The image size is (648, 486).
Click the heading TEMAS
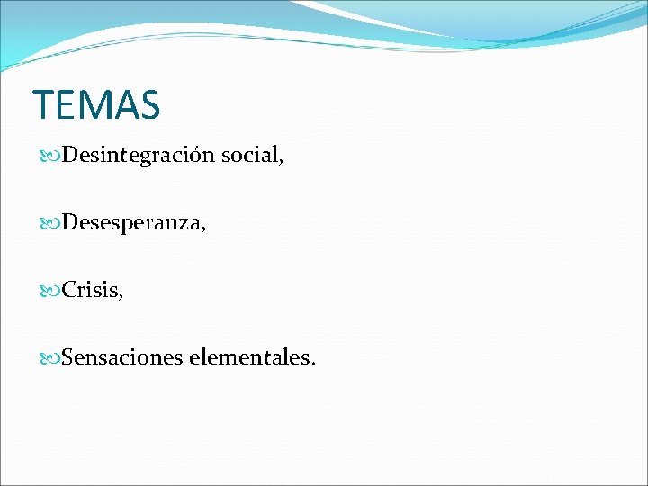point(96,104)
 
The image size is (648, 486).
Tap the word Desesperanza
point(131,223)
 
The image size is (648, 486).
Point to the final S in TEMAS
point(149,104)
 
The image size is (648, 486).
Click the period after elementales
point(313,364)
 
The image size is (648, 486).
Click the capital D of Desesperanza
point(68,223)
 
